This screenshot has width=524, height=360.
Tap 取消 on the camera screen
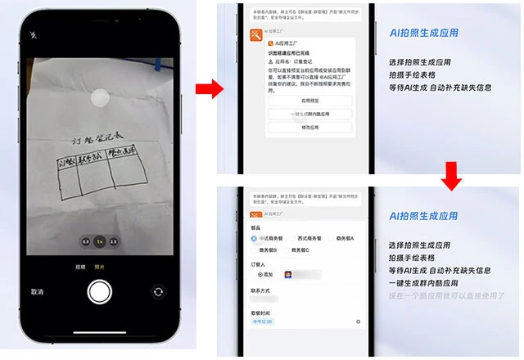point(37,291)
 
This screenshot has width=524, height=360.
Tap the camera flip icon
point(158,291)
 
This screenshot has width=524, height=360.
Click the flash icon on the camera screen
point(34,35)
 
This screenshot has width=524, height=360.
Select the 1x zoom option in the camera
point(100,242)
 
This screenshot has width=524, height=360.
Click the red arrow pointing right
point(210,89)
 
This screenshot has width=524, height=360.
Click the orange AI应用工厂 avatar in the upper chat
point(255,34)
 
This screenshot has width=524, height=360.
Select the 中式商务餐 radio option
point(255,238)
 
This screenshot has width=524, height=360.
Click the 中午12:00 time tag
point(262,322)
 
